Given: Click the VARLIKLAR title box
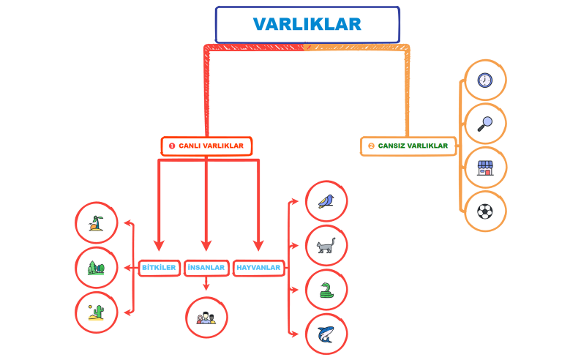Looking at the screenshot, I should point(307,24).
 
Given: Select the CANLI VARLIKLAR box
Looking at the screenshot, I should point(206,146).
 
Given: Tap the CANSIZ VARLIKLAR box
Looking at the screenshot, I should point(408,146).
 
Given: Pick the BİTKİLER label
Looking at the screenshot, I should point(159,268).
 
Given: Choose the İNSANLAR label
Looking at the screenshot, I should point(206,268).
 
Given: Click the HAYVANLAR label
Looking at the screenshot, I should point(258,268).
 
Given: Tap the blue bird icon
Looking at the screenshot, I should point(326,200).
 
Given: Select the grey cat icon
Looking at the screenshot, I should point(326,246).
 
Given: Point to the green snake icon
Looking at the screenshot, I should point(326,290).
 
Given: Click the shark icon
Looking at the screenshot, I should point(326,334).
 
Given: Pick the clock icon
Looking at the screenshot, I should point(485,80).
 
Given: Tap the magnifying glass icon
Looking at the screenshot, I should point(485,124).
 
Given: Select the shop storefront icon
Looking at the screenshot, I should point(485,168).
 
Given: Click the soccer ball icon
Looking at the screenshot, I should point(485,211).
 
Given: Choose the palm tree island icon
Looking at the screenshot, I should point(97,223).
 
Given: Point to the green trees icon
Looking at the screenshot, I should point(97,268).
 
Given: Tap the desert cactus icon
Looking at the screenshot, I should point(97,312).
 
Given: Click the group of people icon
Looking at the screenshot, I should point(206,318).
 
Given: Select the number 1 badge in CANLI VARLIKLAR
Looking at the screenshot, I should point(172,146).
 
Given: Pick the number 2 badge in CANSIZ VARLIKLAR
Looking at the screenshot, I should point(371,146).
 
